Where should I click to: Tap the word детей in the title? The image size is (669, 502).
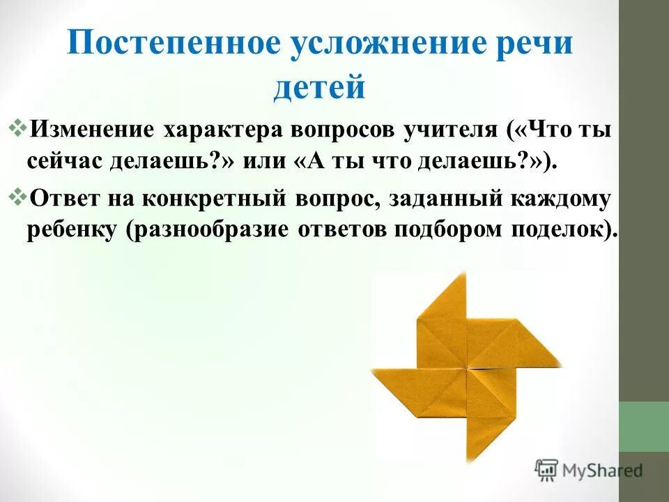320,89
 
